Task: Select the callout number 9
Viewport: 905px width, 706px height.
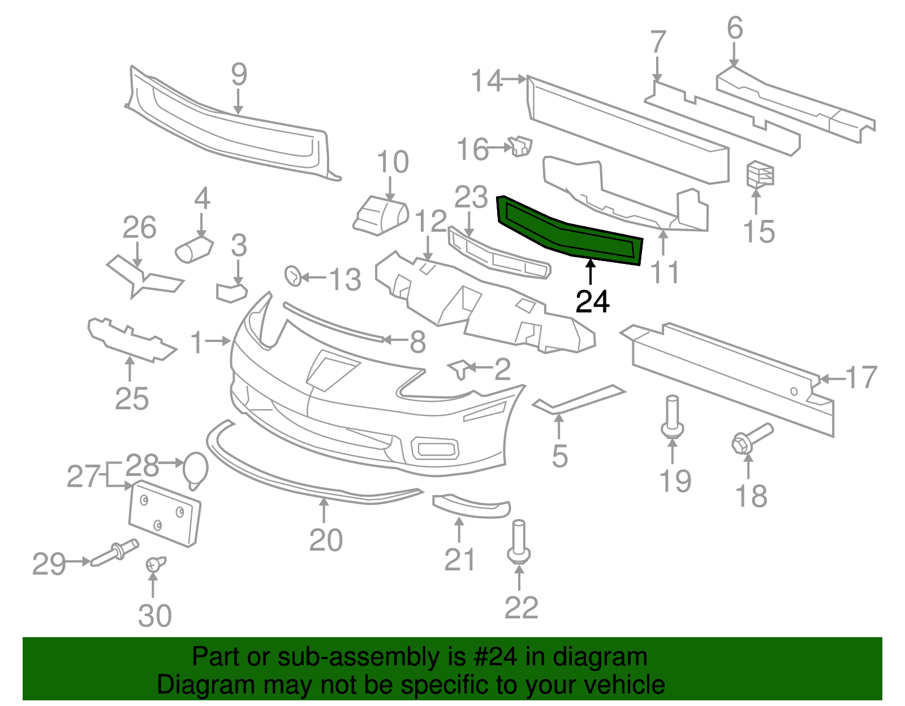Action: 239,75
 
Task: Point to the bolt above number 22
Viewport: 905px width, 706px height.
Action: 519,542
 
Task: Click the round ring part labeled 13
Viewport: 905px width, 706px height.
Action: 294,275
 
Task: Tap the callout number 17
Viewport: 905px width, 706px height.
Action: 861,377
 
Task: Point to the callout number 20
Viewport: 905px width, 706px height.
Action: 326,540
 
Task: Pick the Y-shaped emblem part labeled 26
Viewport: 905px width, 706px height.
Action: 141,276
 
